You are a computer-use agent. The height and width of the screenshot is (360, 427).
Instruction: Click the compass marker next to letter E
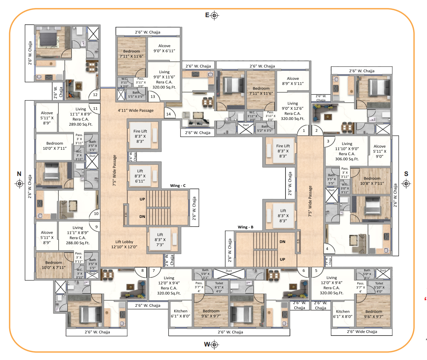pyautogui.click(x=214, y=15)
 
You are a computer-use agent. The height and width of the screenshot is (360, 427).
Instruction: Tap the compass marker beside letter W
pyautogui.click(x=214, y=344)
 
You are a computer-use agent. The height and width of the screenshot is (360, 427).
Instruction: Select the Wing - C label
pyautogui.click(x=178, y=185)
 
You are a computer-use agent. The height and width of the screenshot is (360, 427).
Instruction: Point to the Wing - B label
pyautogui.click(x=245, y=227)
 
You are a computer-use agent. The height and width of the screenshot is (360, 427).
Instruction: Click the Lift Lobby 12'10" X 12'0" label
pyautogui.click(x=125, y=244)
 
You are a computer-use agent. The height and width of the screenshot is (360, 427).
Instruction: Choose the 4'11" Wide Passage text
pyautogui.click(x=135, y=110)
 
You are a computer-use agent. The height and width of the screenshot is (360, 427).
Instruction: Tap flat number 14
pyautogui.click(x=168, y=114)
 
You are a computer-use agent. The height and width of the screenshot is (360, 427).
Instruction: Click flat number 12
pyautogui.click(x=95, y=95)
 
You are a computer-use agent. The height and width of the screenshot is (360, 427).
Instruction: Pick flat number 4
pyautogui.click(x=327, y=249)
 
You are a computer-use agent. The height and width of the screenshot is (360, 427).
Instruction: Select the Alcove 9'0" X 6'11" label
pyautogui.click(x=164, y=48)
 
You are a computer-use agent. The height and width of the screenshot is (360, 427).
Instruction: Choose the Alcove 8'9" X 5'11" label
pyautogui.click(x=292, y=81)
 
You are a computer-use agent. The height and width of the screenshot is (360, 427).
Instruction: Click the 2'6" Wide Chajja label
pyautogui.click(x=362, y=332)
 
